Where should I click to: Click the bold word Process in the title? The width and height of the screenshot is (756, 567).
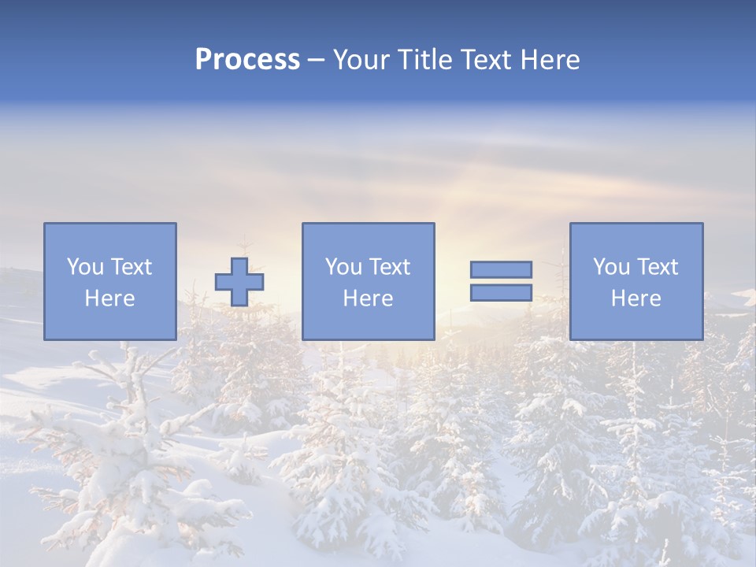(247, 60)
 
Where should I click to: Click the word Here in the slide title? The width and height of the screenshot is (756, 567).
(550, 60)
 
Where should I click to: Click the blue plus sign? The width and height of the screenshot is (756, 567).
(239, 282)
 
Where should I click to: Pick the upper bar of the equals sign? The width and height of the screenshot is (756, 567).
(501, 270)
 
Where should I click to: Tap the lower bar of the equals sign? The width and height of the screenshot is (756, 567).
(501, 292)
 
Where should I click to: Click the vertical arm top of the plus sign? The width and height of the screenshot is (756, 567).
(239, 265)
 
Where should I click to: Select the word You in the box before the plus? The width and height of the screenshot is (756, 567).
(84, 267)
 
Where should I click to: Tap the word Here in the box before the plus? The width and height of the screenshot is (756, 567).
(109, 298)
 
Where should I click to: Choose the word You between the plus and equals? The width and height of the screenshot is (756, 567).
(343, 267)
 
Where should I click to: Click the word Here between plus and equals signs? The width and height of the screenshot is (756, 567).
(368, 298)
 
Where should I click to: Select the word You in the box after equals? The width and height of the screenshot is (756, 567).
(610, 267)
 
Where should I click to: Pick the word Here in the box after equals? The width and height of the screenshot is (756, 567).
(636, 298)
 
